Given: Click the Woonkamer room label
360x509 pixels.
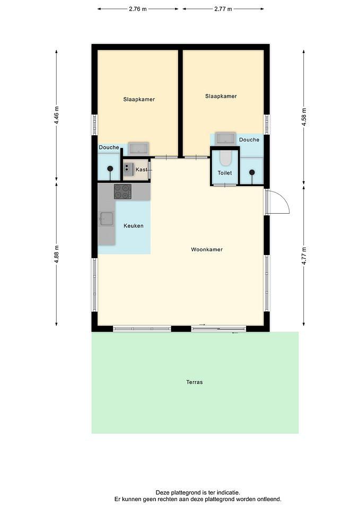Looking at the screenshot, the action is [x=207, y=249].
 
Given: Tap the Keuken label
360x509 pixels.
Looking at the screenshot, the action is [x=134, y=226].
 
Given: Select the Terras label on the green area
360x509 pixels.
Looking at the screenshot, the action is [x=195, y=382].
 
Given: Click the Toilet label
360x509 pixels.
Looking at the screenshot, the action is [x=225, y=173].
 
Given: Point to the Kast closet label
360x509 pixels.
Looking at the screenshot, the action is [x=141, y=170].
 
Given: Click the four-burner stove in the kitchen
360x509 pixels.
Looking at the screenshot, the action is [x=122, y=191].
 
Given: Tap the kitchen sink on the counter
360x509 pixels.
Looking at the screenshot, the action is [x=107, y=219].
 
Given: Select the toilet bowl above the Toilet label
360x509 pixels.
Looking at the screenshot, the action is [x=225, y=158].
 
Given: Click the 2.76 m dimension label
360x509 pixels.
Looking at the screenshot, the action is [x=138, y=9].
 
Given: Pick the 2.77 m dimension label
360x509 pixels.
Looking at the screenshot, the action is [x=223, y=9].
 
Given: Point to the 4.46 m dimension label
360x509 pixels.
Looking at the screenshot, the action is [x=57, y=115].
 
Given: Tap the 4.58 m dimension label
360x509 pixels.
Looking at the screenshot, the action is [x=304, y=117].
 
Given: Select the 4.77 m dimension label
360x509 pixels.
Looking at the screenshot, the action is [x=304, y=256].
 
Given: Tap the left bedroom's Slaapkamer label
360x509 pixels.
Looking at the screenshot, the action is [x=139, y=99].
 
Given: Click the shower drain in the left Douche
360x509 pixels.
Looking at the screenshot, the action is [x=110, y=169].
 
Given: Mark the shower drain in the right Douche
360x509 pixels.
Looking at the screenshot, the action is [x=252, y=172].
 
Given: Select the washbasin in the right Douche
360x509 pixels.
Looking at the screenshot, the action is [x=226, y=138].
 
